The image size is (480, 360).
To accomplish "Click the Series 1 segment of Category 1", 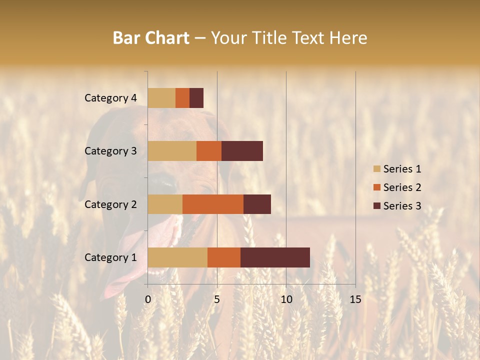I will pyautogui.click(x=177, y=257).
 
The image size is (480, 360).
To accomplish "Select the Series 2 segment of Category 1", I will pyautogui.click(x=224, y=257).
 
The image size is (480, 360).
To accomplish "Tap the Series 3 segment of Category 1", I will pyautogui.click(x=275, y=257).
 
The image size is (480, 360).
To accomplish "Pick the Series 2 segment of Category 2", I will pyautogui.click(x=213, y=204).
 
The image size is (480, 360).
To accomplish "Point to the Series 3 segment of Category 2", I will pyautogui.click(x=257, y=204).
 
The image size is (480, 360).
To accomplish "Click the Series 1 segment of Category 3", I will pyautogui.click(x=172, y=150).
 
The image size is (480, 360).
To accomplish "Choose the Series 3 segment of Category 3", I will pyautogui.click(x=242, y=150).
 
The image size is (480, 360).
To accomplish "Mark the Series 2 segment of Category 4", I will pyautogui.click(x=182, y=97).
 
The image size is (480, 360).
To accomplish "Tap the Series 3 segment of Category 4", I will pyautogui.click(x=196, y=97).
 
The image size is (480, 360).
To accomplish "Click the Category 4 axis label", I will pyautogui.click(x=110, y=98).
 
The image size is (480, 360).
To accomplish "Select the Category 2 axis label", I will pyautogui.click(x=110, y=204).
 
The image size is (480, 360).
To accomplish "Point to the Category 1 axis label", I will pyautogui.click(x=110, y=257).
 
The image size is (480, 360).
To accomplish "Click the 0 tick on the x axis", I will pyautogui.click(x=148, y=299).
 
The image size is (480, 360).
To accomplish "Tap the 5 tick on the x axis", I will pyautogui.click(x=217, y=299).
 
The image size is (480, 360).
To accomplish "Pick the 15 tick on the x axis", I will pyautogui.click(x=355, y=299).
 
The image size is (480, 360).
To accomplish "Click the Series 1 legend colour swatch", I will pyautogui.click(x=377, y=169).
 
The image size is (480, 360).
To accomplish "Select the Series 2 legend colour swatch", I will pyautogui.click(x=377, y=187).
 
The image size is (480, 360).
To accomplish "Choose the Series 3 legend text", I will pyautogui.click(x=402, y=206).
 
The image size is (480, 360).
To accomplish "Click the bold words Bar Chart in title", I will pyautogui.click(x=151, y=37).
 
